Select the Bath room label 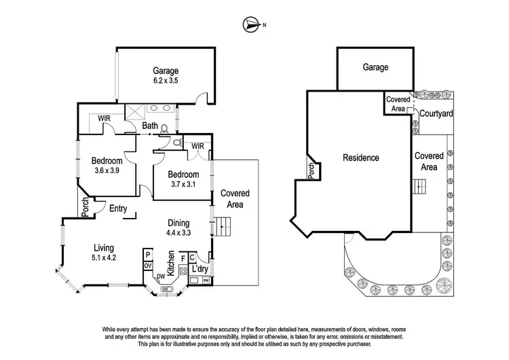(150, 126)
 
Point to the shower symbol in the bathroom (136, 112)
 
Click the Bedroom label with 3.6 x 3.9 (107, 165)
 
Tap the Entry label (119, 209)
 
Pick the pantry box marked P (147, 255)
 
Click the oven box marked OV (147, 266)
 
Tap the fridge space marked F (183, 258)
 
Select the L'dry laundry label (200, 270)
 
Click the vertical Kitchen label (171, 263)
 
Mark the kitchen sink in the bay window (166, 291)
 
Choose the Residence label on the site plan (360, 158)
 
